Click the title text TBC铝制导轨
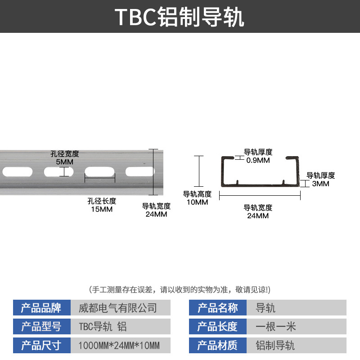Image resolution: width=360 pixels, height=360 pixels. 180,17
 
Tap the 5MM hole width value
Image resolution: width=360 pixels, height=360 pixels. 65,162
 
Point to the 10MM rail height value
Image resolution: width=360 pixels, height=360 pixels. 197,202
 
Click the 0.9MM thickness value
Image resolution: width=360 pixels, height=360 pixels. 258,160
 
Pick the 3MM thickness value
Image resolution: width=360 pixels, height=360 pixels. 321,184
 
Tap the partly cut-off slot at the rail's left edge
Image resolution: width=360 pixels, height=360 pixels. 9,171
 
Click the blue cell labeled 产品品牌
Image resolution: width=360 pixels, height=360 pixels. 41,308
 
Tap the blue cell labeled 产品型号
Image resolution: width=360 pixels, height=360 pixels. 41,327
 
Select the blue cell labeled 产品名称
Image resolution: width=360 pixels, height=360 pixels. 218,308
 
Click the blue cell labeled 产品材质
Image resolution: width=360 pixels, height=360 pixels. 218,346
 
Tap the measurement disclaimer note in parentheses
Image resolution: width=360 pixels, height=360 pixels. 180,289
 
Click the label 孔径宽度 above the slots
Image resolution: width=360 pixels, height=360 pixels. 65,154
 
